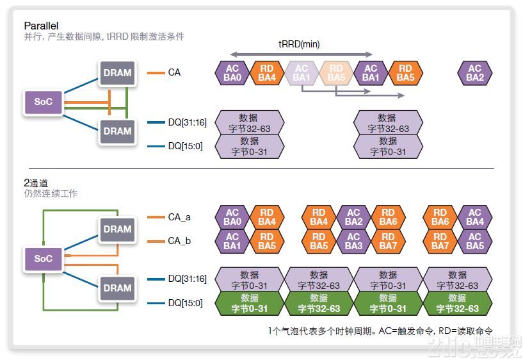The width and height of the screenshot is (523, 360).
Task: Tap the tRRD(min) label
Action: (299, 44)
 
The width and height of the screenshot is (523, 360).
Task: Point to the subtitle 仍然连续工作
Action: (51, 193)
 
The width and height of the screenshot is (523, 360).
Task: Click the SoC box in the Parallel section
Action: (43, 102)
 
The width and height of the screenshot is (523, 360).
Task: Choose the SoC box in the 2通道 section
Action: (43, 259)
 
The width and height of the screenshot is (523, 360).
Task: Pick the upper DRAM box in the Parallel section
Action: (117, 73)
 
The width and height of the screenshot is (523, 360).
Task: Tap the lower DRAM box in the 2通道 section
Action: (117, 288)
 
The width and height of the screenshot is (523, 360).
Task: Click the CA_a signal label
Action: (179, 217)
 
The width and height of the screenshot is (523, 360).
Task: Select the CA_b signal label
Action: (179, 241)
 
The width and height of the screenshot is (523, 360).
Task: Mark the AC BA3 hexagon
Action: (353, 241)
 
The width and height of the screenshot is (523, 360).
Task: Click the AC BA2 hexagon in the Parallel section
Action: (474, 73)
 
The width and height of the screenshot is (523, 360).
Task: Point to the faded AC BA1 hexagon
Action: (301, 73)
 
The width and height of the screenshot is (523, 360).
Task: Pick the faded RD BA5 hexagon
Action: (335, 73)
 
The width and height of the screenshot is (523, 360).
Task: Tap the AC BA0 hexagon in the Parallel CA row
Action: (232, 73)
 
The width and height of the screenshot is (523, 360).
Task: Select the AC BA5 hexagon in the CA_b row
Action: (474, 241)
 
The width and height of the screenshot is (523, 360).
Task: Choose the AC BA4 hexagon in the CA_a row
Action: (474, 217)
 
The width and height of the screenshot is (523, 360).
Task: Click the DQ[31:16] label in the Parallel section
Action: (187, 122)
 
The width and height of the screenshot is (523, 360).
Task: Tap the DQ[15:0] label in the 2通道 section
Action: (185, 303)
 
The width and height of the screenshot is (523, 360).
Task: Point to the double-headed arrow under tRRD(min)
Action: (301, 54)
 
